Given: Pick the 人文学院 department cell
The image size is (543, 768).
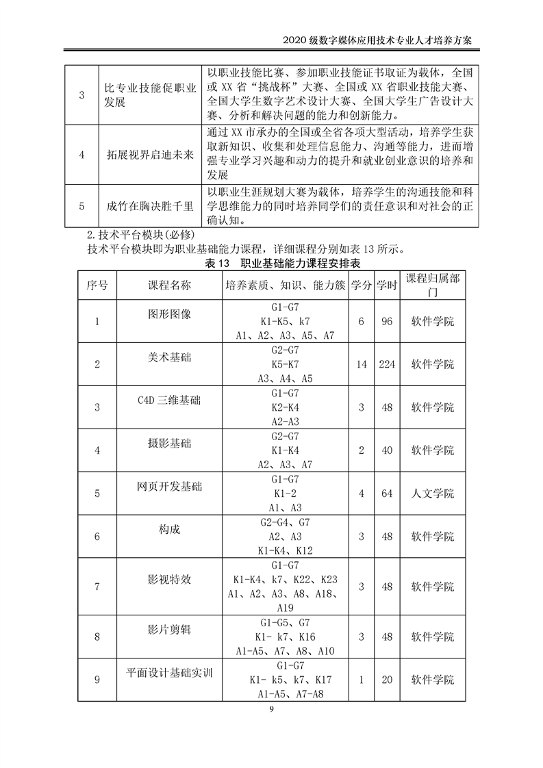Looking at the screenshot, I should point(433,493).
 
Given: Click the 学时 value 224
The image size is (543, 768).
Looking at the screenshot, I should point(387,364).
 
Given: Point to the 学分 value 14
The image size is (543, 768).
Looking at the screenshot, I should point(362,364).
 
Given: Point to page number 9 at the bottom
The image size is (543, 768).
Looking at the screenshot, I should point(271,709).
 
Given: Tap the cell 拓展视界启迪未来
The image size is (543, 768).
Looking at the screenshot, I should point(150,155).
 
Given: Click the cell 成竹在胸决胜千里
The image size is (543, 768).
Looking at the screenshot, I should point(150,205).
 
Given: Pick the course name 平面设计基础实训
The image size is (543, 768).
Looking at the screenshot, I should point(169,673).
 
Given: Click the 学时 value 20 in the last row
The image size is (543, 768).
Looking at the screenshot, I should point(387,680).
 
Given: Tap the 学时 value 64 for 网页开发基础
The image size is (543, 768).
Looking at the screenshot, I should point(387,493).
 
